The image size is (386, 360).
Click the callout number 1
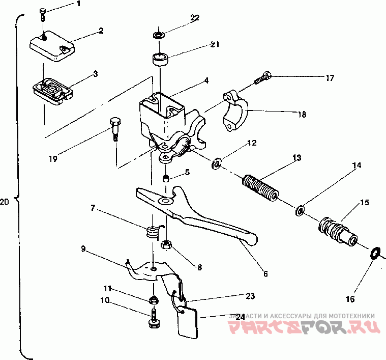click(79, 4)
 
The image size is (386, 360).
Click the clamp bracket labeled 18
click(235, 111)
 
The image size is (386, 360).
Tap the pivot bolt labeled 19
click(115, 127)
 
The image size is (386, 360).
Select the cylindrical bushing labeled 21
click(161, 60)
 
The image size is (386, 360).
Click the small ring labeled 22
click(159, 36)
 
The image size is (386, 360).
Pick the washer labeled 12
click(216, 164)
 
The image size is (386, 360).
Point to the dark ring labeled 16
click(375, 253)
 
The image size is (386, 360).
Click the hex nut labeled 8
click(166, 245)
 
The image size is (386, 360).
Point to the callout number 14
click(357, 165)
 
